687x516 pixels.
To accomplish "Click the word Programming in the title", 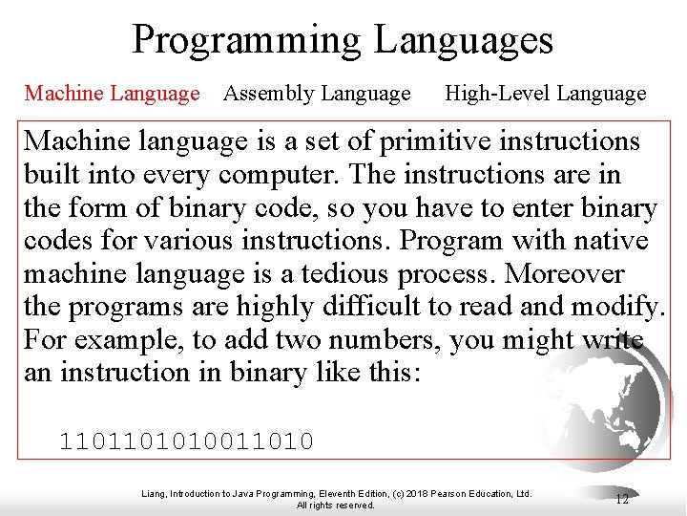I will tap(247, 40).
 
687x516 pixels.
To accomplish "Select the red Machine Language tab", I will tap(113, 94).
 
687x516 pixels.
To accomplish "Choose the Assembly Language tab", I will tap(316, 94).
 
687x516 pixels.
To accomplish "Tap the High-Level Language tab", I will tap(546, 94).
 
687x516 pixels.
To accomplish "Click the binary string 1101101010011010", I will tap(187, 441).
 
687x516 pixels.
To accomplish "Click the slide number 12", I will tap(622, 499).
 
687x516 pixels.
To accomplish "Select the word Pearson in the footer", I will tap(445, 494).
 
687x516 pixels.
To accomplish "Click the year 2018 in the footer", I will tap(410, 494).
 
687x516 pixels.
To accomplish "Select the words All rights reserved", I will tap(336, 505).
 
